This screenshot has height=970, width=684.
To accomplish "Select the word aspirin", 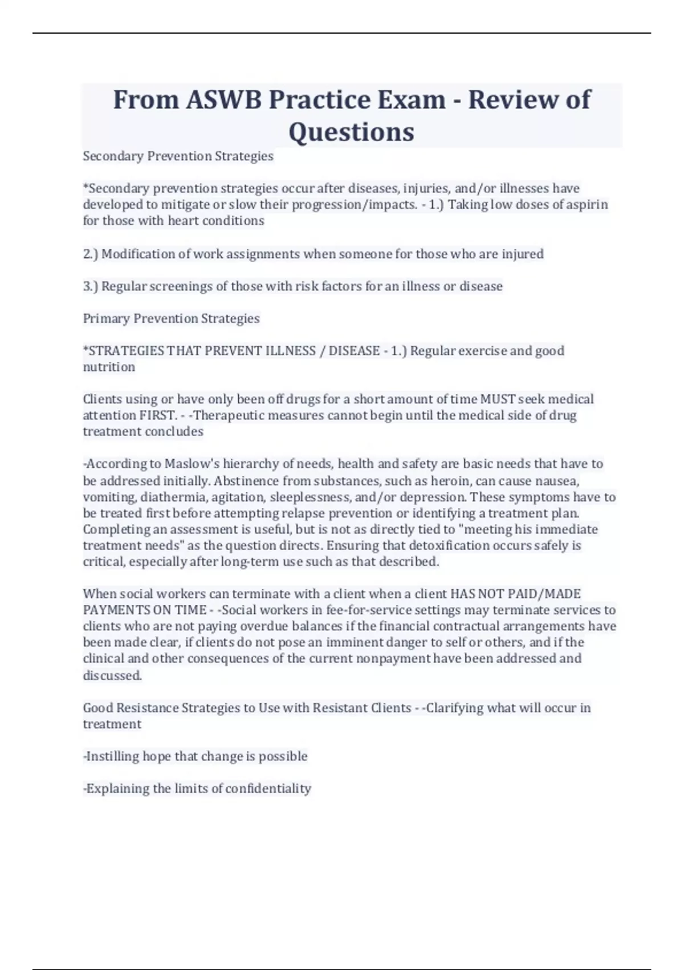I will click(x=587, y=204).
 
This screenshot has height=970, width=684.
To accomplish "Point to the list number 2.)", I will click(x=91, y=254).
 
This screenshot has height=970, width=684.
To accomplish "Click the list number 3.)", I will click(x=91, y=286).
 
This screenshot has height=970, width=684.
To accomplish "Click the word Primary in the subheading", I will click(x=106, y=318).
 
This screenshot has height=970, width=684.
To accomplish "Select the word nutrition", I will click(x=109, y=367).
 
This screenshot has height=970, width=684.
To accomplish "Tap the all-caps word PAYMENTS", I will click(x=116, y=610).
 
